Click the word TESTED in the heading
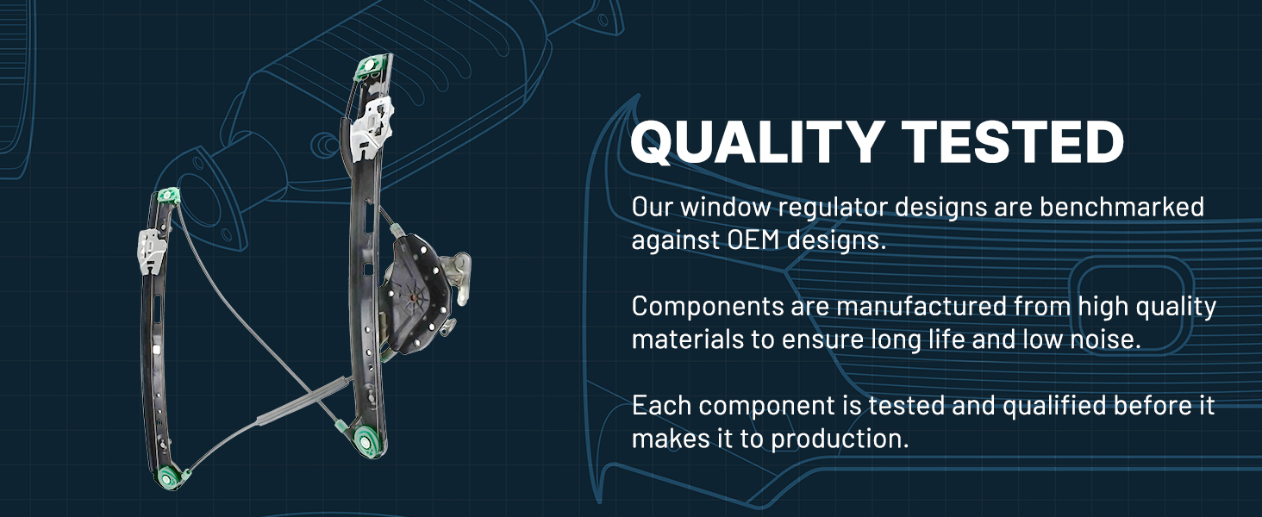coord(1013,141)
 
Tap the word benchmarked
coord(1121,207)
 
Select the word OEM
coord(753,240)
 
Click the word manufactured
coord(921,306)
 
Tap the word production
coord(840,439)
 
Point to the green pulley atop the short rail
coord(168,196)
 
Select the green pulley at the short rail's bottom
coord(168,478)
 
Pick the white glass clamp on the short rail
coord(152,252)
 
